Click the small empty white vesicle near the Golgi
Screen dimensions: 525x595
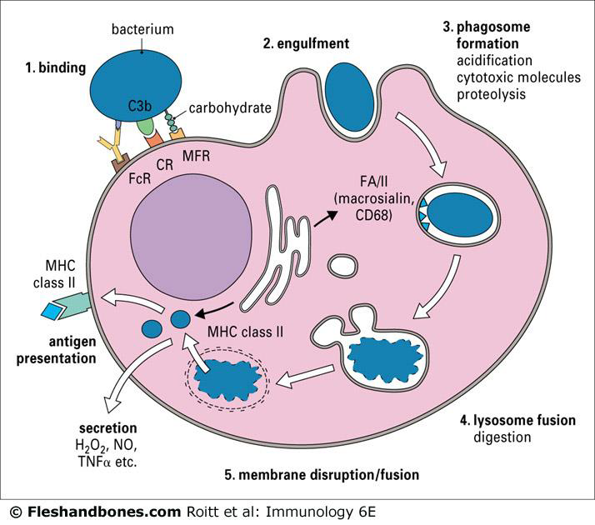click(x=342, y=267)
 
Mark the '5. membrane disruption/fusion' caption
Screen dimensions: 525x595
click(x=321, y=474)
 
